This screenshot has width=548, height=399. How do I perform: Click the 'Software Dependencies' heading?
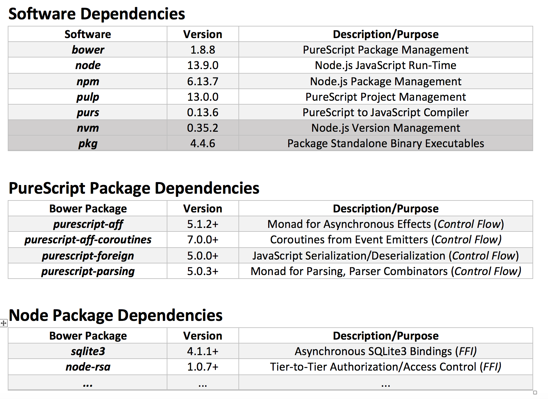[97, 14]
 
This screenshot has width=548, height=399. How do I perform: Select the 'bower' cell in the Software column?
[88, 50]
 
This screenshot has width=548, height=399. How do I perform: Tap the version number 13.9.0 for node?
[203, 65]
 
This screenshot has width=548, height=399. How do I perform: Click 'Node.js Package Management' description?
[385, 81]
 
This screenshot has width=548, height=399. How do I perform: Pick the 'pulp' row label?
[88, 97]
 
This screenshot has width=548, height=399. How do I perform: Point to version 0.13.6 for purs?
[203, 112]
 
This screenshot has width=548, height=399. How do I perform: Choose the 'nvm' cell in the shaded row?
[88, 128]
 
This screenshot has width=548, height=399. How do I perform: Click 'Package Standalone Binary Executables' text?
[385, 143]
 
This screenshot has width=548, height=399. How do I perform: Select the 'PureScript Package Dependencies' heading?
[134, 188]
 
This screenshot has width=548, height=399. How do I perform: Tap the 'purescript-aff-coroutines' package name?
[88, 240]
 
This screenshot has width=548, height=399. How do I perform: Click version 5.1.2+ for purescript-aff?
[203, 224]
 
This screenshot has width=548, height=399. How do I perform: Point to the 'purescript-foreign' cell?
[88, 256]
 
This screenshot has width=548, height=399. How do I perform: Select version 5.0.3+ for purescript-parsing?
[203, 271]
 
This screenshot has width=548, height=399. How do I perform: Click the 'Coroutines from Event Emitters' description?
[385, 240]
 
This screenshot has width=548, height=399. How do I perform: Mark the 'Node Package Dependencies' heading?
[115, 315]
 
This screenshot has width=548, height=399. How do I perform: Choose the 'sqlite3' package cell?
[88, 351]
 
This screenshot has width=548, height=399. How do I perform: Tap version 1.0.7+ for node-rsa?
[203, 367]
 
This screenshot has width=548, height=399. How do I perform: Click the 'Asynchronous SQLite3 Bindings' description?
[385, 351]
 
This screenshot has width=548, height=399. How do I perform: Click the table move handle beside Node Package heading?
[4, 323]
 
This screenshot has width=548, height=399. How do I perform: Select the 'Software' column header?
[88, 34]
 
